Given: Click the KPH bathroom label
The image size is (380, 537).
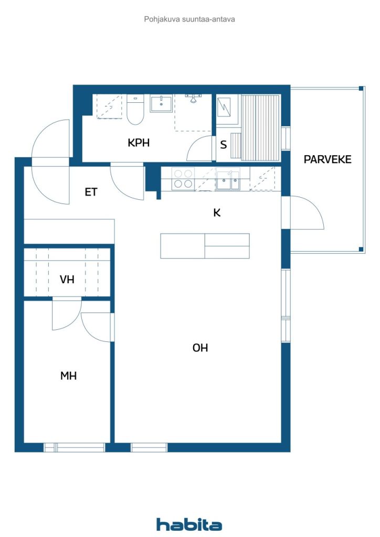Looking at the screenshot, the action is (x=139, y=143).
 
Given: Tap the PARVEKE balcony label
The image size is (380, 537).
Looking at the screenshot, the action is (x=328, y=159).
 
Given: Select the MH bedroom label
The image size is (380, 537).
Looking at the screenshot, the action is (x=68, y=375).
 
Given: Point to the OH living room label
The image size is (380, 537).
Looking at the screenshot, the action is (x=200, y=348).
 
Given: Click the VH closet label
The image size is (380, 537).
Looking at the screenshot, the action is (x=67, y=280).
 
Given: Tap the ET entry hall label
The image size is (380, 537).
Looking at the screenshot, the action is (x=91, y=192).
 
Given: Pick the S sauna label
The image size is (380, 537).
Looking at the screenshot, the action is (x=224, y=145).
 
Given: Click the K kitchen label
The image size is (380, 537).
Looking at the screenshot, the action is (x=217, y=213).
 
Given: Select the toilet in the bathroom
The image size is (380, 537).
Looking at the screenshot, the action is (x=135, y=109).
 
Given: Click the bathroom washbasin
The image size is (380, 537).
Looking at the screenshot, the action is (x=161, y=103).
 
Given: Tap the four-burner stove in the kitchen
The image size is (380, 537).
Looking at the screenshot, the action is (x=183, y=179).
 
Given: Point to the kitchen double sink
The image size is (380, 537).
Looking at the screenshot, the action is (x=228, y=180).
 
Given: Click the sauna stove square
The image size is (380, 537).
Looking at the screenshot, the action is (x=224, y=107).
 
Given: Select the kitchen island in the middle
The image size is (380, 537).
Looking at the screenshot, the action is (x=205, y=246).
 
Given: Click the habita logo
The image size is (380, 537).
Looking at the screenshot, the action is (x=189, y=524).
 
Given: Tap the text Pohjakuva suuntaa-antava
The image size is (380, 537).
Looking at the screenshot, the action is (x=189, y=19).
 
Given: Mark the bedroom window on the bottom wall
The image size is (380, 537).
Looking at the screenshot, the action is (x=75, y=447).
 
